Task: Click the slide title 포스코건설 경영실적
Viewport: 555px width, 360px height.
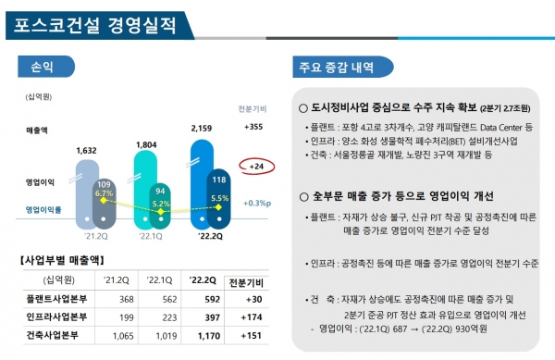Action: (x=95, y=22)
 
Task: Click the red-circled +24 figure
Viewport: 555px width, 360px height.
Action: (x=255, y=167)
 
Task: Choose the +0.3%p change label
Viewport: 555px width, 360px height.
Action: (x=254, y=203)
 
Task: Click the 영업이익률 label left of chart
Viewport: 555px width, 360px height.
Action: (x=47, y=209)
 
